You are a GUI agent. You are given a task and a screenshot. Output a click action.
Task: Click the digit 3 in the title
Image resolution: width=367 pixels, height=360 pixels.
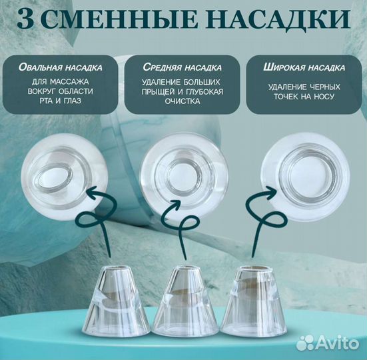[29, 19]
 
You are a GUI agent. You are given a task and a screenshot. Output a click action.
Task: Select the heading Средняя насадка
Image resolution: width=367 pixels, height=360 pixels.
[182, 67]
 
